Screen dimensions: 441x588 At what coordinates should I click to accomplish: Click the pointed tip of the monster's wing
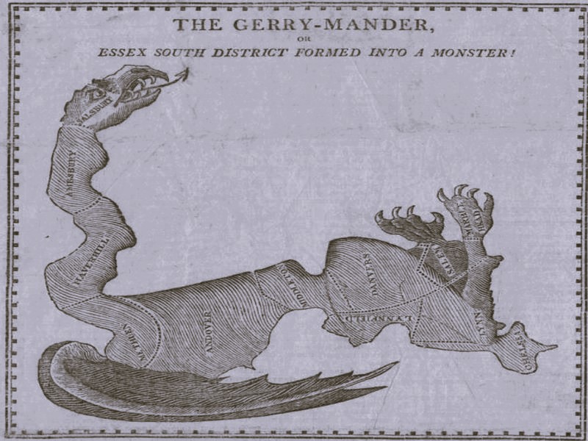point(397,363)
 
